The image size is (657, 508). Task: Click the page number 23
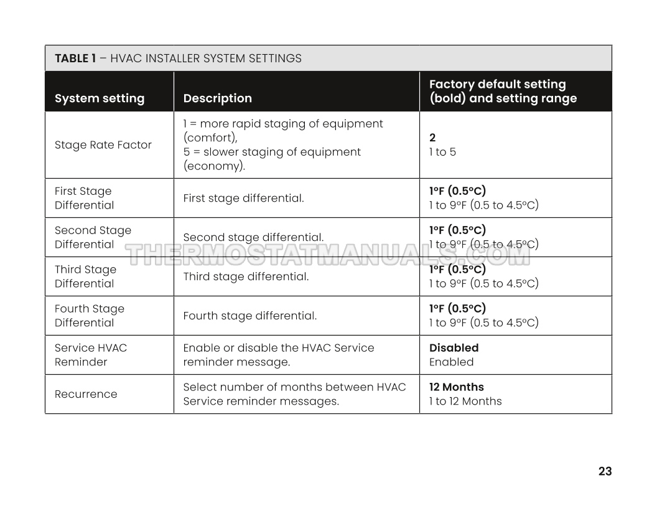click(x=605, y=471)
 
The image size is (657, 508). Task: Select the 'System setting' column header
click(x=100, y=98)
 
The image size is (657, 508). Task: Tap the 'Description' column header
click(x=218, y=98)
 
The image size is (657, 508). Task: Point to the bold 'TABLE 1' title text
click(x=75, y=59)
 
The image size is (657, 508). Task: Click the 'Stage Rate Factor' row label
click(x=103, y=145)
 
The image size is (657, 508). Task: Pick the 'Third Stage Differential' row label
click(x=85, y=276)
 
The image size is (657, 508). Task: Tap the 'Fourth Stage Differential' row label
click(x=90, y=316)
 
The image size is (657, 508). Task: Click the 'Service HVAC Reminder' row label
click(x=91, y=355)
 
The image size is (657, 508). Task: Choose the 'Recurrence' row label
click(x=86, y=394)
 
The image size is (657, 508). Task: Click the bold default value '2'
click(x=432, y=138)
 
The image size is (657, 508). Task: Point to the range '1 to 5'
click(x=442, y=152)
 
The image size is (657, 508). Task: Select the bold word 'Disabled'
click(x=454, y=348)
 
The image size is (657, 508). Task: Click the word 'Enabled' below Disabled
click(x=451, y=362)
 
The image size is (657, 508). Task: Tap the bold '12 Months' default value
click(x=456, y=387)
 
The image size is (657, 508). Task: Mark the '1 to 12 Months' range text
click(x=465, y=401)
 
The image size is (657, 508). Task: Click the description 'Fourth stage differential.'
click(x=250, y=316)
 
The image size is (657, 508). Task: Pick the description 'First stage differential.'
click(x=243, y=198)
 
